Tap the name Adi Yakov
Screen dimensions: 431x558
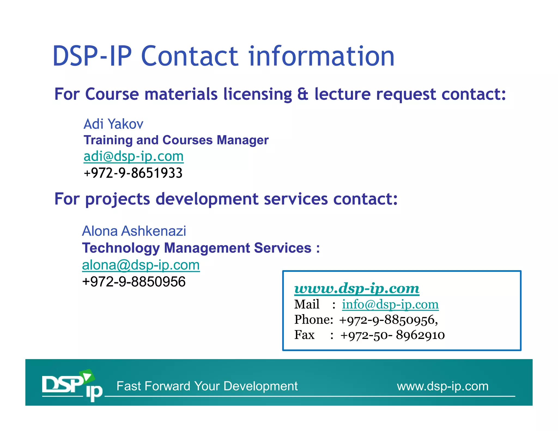click(x=113, y=124)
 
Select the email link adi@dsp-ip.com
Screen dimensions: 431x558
click(x=134, y=156)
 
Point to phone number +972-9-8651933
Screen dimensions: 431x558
click(x=133, y=173)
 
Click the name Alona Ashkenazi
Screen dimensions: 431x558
click(x=134, y=231)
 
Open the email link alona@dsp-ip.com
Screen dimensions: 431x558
click(x=141, y=265)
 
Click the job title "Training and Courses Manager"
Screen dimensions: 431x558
click(x=176, y=140)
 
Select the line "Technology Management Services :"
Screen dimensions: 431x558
click(x=201, y=248)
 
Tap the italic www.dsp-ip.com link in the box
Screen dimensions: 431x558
click(x=357, y=288)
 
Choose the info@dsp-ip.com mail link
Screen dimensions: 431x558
click(x=390, y=304)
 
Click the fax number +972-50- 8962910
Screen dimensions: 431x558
click(x=392, y=335)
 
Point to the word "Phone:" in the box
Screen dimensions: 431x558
click(x=314, y=320)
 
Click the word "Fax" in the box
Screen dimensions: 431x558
click(x=304, y=335)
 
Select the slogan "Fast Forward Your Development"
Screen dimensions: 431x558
click(x=207, y=386)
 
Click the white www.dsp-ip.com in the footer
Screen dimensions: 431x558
click(x=442, y=386)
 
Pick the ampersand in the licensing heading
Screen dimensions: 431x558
click(x=303, y=94)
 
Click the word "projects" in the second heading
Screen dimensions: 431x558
click(x=117, y=199)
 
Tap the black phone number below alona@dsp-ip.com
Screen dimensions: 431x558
click(x=134, y=281)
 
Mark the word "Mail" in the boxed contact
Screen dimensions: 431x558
click(x=307, y=304)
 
